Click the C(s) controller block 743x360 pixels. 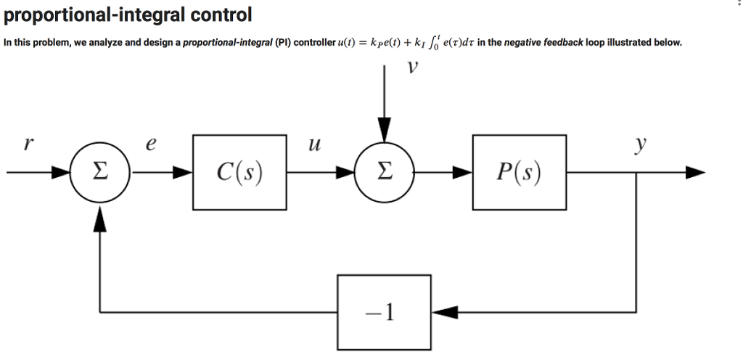click(x=239, y=173)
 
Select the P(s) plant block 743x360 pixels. click(x=520, y=173)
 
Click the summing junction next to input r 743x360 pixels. click(x=100, y=173)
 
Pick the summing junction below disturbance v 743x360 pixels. click(x=385, y=173)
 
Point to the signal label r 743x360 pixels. click(x=28, y=144)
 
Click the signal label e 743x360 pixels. click(x=150, y=144)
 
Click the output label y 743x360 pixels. click(x=639, y=144)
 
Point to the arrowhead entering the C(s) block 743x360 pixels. click(x=183, y=173)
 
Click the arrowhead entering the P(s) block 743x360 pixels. click(x=463, y=173)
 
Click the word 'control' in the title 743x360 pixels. click(x=216, y=14)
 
